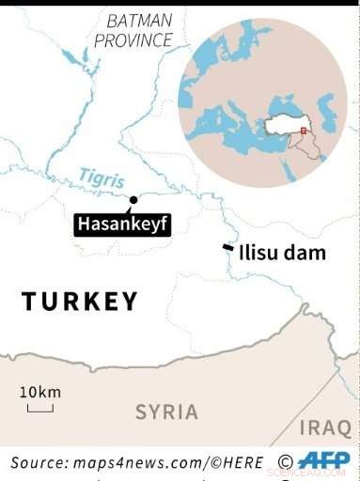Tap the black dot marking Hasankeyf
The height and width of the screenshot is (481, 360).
[133, 199]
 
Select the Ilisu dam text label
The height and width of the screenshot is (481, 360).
[282, 253]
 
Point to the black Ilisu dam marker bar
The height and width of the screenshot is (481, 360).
[227, 248]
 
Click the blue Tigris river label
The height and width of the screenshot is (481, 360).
[101, 176]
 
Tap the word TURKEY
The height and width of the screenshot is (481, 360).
[79, 302]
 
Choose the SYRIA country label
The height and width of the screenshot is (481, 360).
[166, 411]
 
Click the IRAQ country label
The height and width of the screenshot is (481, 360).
[324, 428]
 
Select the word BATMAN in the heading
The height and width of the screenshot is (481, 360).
[140, 20]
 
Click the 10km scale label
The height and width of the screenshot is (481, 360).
[39, 391]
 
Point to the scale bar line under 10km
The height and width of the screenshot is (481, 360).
[39, 409]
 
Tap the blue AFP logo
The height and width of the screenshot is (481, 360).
[323, 459]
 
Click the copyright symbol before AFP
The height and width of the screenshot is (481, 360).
[286, 460]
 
